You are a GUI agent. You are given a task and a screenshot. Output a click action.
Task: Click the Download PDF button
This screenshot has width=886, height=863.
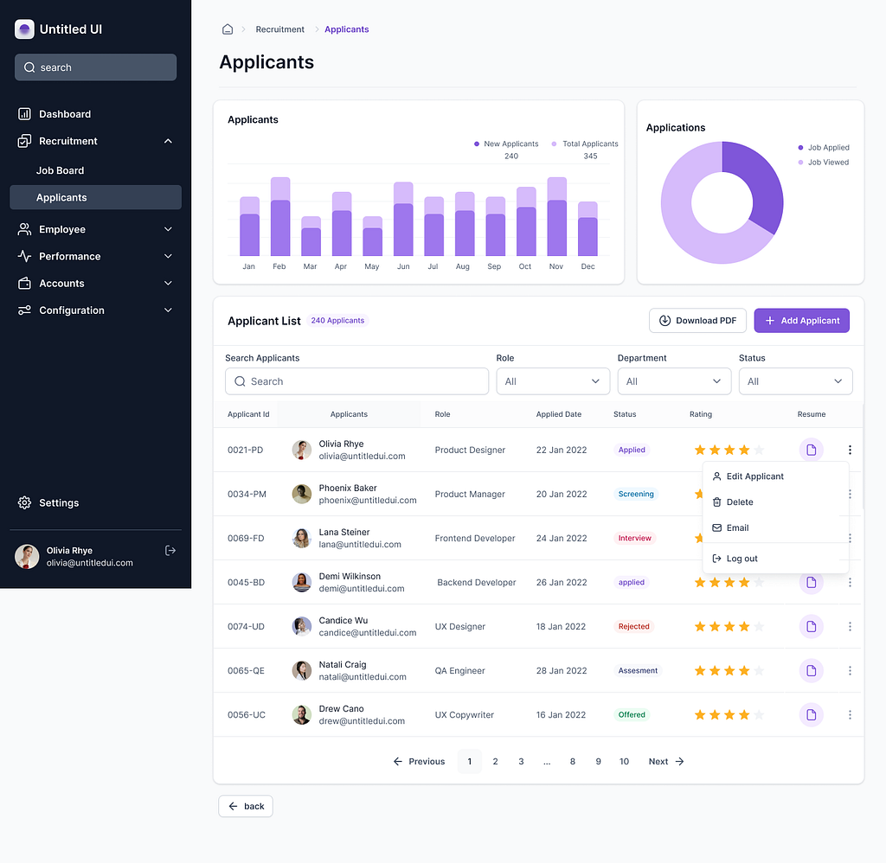coord(698,321)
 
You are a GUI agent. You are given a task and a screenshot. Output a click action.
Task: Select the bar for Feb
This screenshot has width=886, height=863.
coord(279,221)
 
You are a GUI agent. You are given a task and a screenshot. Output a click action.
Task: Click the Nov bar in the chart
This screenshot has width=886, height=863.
coord(556,221)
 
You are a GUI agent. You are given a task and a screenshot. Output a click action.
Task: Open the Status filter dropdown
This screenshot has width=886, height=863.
coord(795,381)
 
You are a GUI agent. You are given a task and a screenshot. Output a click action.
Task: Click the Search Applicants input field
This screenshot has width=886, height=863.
coord(356,381)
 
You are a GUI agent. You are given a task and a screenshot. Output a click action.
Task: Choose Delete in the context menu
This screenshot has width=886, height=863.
coord(739,502)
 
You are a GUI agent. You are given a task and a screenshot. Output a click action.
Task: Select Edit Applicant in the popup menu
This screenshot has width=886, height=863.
coord(754,476)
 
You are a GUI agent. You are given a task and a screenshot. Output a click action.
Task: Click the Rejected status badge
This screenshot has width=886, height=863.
coord(634,627)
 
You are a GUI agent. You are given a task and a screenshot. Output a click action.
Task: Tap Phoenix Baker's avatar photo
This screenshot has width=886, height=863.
coord(302,494)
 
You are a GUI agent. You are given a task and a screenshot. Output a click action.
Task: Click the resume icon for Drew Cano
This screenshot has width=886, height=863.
coord(811,715)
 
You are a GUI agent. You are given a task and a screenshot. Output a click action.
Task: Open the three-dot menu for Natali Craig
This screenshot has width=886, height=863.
coord(850,671)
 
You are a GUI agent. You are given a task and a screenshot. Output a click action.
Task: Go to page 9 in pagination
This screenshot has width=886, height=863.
coord(598,762)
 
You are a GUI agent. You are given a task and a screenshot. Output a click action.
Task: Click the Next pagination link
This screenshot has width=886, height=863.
coord(666,762)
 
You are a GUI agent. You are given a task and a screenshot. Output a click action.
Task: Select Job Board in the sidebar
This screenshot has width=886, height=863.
coord(61,171)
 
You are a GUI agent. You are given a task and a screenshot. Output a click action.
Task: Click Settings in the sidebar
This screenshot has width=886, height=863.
coord(59,503)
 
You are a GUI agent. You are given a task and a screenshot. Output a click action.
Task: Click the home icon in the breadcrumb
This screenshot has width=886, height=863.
coord(228,29)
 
